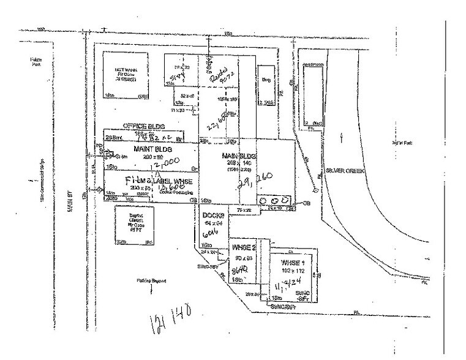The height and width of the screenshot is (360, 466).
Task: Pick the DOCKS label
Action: point(213,216)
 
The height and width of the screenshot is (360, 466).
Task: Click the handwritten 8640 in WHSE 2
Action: point(241,270)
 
